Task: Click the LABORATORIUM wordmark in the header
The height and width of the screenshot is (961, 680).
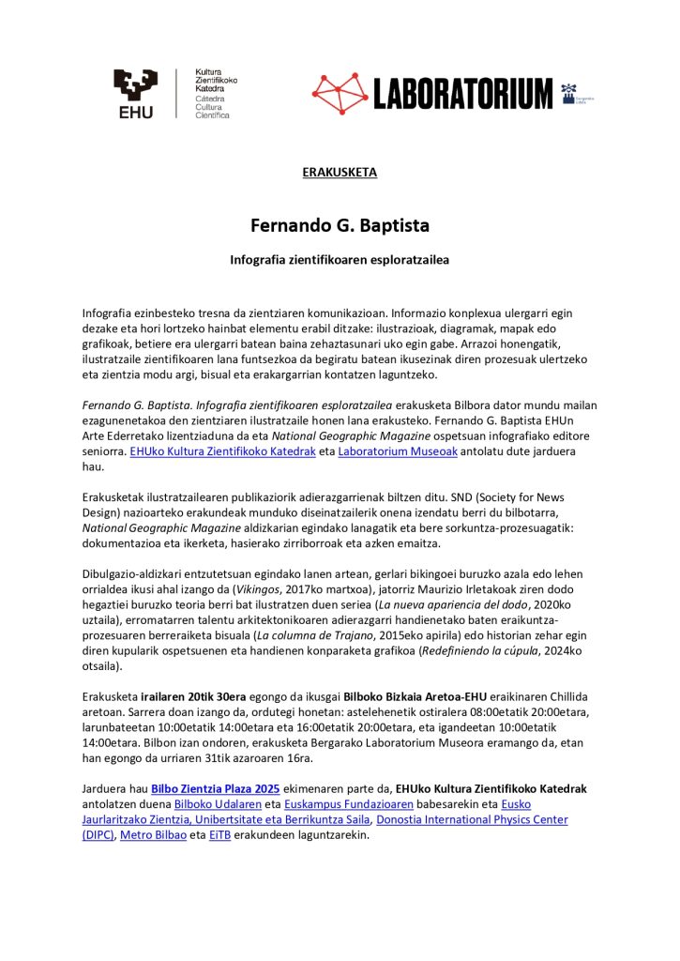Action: tap(463, 94)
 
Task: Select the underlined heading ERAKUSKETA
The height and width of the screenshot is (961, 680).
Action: tap(340, 173)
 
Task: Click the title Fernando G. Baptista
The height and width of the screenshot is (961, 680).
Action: tap(340, 226)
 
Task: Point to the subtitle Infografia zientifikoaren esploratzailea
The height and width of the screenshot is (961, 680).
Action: tap(340, 258)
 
